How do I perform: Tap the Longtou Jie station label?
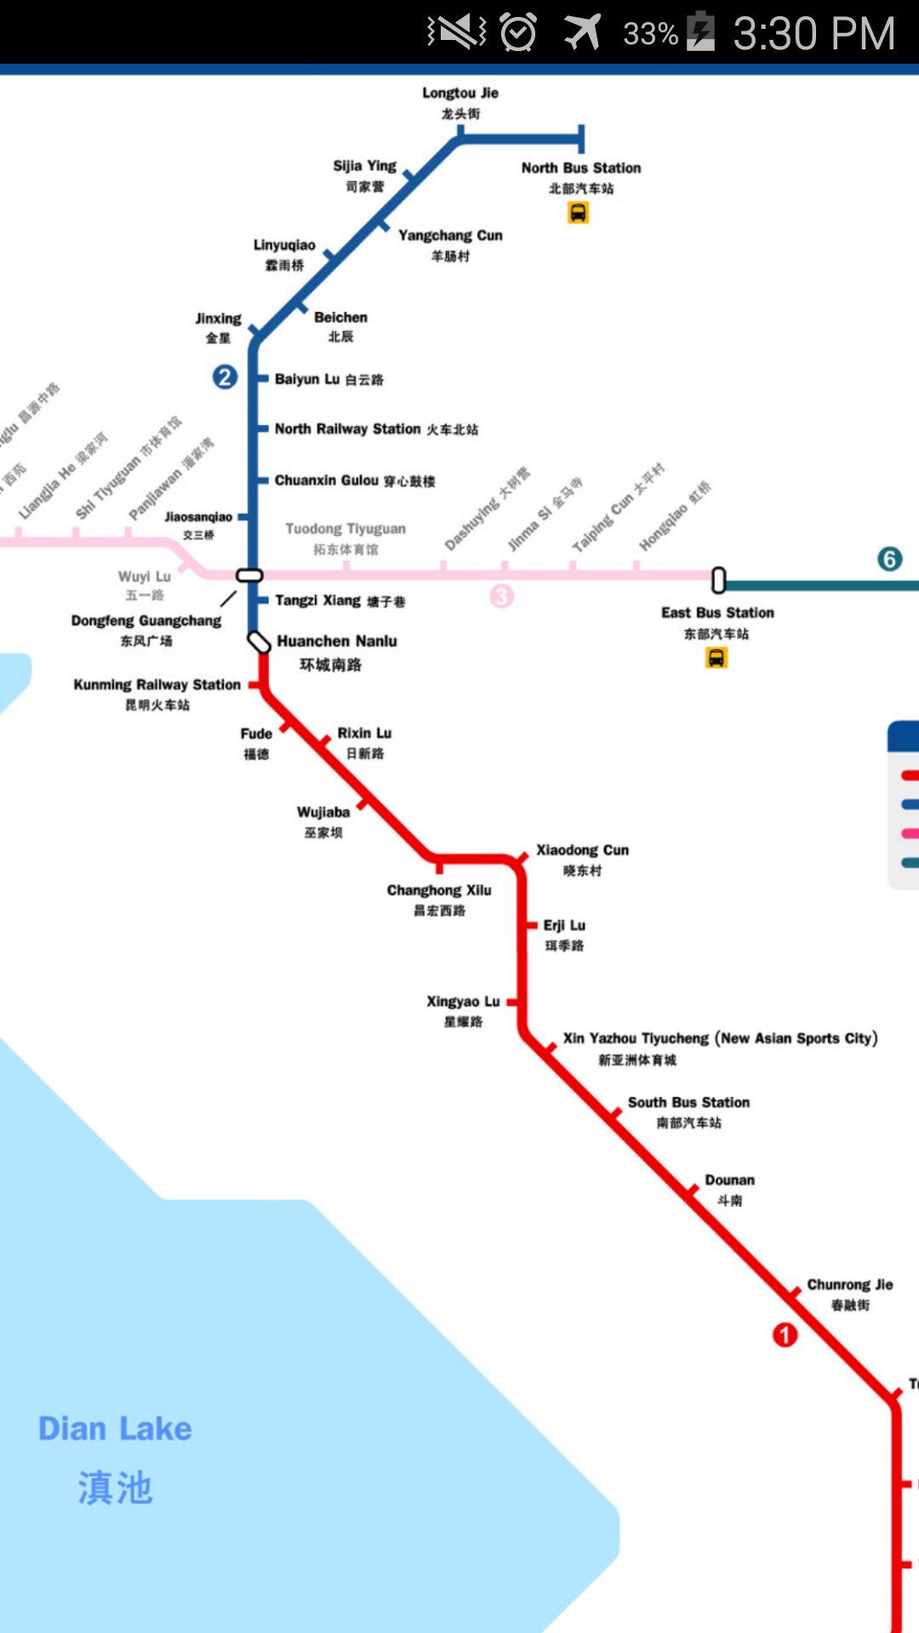click(460, 94)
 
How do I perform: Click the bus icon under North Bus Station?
click(579, 213)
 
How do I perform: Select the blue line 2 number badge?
click(225, 377)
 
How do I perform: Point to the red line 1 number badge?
click(785, 1334)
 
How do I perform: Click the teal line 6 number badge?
click(890, 559)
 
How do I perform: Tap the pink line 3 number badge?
click(501, 596)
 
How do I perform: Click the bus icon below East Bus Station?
click(716, 657)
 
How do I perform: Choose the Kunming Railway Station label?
click(157, 685)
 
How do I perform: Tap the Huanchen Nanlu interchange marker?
click(259, 642)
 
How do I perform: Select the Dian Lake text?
click(115, 1429)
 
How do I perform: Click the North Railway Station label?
click(347, 430)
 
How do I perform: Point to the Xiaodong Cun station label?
click(582, 851)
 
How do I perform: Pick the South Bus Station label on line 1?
click(688, 1103)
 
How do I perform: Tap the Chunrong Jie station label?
click(849, 1285)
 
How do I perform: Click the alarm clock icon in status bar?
click(517, 32)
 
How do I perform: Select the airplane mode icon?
click(582, 32)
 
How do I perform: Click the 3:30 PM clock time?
click(813, 34)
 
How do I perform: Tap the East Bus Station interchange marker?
click(719, 580)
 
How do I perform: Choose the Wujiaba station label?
click(323, 813)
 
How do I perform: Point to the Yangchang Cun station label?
click(450, 236)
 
